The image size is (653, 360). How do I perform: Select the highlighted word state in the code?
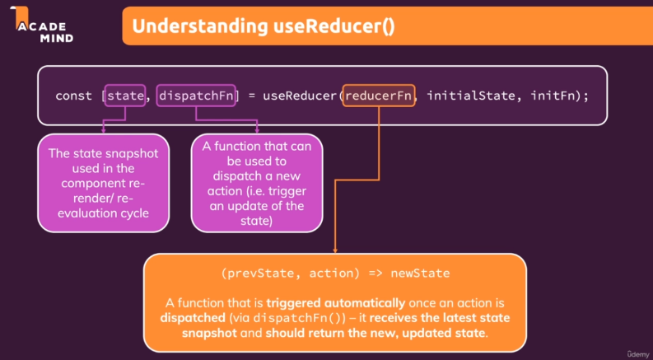pos(125,96)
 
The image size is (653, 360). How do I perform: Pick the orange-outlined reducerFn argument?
pos(379,96)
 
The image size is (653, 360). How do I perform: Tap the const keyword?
pos(72,96)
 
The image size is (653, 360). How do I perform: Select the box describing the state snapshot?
pos(103,182)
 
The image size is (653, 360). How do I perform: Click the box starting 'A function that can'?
pos(256,182)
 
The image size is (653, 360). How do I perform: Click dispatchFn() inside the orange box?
pos(282,317)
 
